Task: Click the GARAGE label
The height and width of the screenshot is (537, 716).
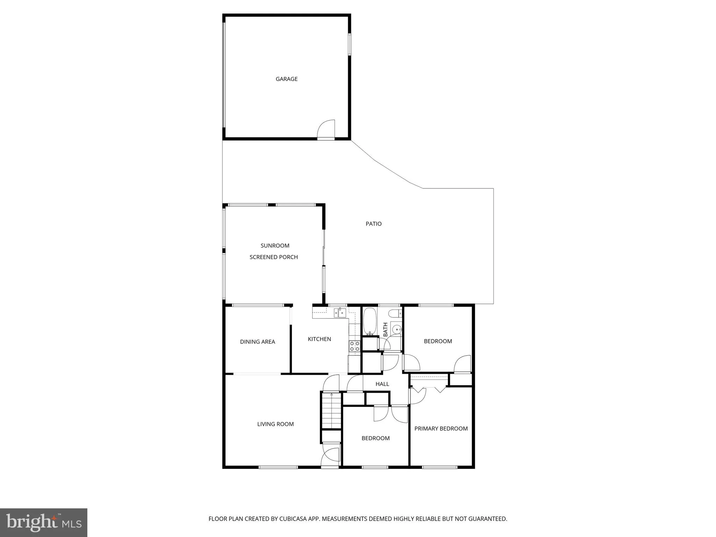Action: (287, 79)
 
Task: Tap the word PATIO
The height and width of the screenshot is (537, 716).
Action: (373, 224)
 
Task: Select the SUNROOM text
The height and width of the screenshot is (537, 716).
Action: (275, 246)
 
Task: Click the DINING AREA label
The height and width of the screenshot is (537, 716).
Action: (258, 342)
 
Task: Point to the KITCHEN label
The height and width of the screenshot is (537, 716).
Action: (320, 339)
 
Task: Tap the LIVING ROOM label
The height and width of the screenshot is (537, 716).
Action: (275, 424)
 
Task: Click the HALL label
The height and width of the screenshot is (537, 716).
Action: (382, 384)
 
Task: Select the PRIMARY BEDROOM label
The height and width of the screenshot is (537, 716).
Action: (441, 429)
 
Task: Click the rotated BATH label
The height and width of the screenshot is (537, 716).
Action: (386, 330)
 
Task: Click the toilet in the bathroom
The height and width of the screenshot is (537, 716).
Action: (396, 314)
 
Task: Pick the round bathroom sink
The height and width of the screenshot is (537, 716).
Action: (397, 330)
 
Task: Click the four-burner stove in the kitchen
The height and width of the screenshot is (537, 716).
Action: (355, 346)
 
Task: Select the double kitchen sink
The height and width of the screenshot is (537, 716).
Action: (340, 312)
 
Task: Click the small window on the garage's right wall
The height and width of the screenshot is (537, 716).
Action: (349, 44)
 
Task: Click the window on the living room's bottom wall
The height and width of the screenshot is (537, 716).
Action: (278, 467)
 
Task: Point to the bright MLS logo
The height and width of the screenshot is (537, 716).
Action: (44, 523)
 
